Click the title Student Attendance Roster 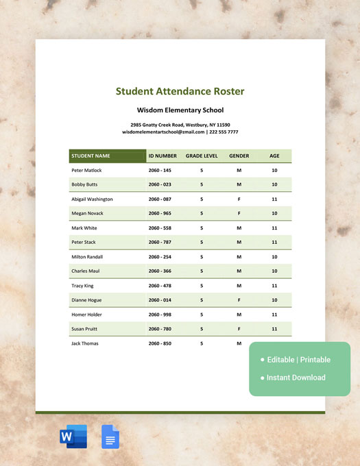pyautogui.click(x=180, y=91)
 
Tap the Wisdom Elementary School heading pyautogui.click(x=180, y=110)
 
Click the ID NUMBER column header pyautogui.click(x=163, y=156)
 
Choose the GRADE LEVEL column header pyautogui.click(x=202, y=156)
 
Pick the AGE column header pyautogui.click(x=274, y=156)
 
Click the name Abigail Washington pyautogui.click(x=92, y=199)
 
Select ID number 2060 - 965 pyautogui.click(x=160, y=213)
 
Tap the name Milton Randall pyautogui.click(x=87, y=256)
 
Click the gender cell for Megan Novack pyautogui.click(x=239, y=213)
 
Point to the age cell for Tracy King pyautogui.click(x=274, y=285)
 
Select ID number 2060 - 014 pyautogui.click(x=160, y=299)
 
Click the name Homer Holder pyautogui.click(x=86, y=314)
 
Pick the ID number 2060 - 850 pyautogui.click(x=160, y=343)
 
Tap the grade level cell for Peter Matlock pyautogui.click(x=202, y=170)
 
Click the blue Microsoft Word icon pyautogui.click(x=73, y=437)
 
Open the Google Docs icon pyautogui.click(x=110, y=437)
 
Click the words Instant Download pyautogui.click(x=297, y=378)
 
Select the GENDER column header pyautogui.click(x=239, y=156)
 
